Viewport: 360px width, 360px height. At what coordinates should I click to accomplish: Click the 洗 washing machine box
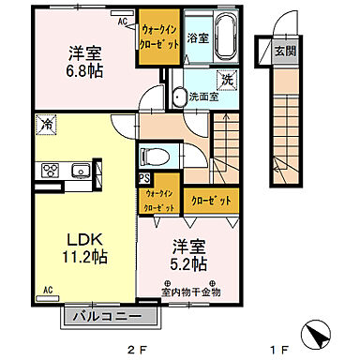226,81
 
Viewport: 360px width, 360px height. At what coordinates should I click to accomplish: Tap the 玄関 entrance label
283,52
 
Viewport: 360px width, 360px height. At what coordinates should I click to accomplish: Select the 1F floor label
279,350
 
